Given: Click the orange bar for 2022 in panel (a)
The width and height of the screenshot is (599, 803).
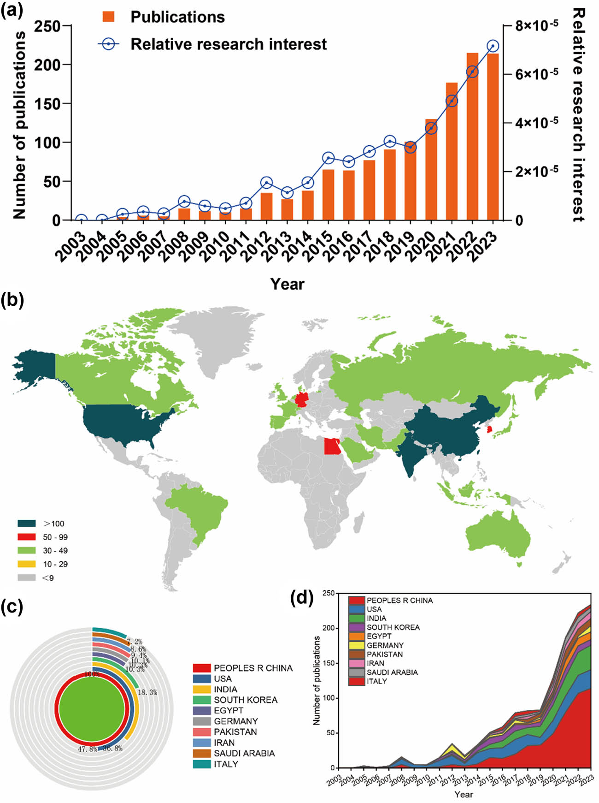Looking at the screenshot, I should coord(472,138).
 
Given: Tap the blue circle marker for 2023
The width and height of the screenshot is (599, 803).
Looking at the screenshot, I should coord(493,46).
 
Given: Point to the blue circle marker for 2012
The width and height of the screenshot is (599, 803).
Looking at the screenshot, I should coord(266,183).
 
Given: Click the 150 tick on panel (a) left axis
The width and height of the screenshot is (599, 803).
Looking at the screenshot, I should coord(49,104).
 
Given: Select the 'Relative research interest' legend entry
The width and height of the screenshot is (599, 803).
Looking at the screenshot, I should coord(228,44).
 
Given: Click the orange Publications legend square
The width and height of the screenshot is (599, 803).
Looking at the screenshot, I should coord(108,17).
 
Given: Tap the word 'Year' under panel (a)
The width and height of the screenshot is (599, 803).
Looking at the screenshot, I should coord(287,284).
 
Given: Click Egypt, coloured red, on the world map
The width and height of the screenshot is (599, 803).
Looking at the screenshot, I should coord(332,446).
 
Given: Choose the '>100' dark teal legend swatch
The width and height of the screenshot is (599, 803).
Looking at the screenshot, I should coord(27,523).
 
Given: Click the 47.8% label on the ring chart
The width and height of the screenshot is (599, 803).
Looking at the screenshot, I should coord(87,749).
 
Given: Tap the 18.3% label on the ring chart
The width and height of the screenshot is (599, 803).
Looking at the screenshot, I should coord(147,692).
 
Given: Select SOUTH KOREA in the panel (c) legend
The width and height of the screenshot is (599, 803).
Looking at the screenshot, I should coord(245,700).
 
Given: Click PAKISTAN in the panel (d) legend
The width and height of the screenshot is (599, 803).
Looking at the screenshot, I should coord(384,654).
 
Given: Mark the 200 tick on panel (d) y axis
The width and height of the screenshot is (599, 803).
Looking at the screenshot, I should coord(329,628).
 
